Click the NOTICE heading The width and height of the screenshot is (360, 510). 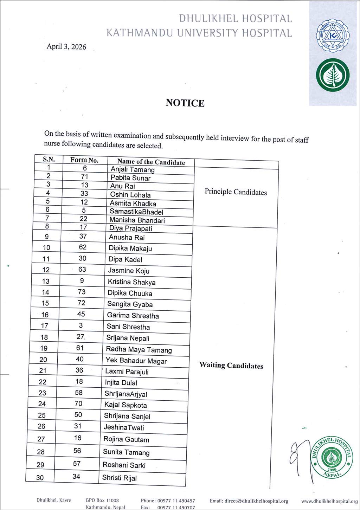185,103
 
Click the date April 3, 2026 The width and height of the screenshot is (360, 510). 66,47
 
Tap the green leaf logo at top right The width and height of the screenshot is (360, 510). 332,75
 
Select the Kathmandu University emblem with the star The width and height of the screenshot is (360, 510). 333,35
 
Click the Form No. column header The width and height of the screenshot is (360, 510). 84,160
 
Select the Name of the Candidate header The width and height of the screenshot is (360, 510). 151,162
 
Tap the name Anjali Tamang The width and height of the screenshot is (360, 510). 133,169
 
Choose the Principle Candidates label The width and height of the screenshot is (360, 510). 236,192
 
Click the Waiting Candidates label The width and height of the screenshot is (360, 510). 231,365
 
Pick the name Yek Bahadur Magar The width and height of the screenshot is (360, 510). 136,361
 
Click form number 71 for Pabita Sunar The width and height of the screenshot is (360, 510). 84,176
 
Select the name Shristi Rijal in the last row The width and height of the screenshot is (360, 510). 119,478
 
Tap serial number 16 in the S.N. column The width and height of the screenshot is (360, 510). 45,315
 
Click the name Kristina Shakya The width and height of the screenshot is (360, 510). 131,282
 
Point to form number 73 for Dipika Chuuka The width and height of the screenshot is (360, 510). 82,292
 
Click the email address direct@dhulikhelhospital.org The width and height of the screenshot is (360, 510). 249,501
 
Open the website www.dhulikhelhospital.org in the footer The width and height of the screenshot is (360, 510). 329,501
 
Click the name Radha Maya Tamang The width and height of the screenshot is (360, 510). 139,350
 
